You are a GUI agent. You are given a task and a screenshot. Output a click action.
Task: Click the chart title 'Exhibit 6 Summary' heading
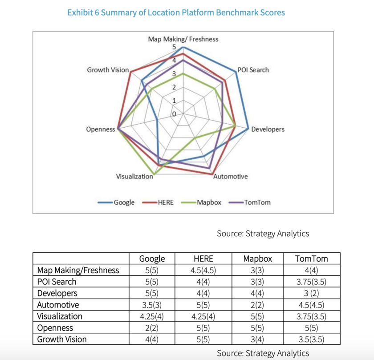tap(176, 12)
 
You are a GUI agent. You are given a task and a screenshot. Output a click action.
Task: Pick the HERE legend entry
tap(165, 202)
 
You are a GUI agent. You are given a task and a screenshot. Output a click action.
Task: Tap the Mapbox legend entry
tap(209, 202)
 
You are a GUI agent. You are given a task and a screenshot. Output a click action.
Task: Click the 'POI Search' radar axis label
tap(253, 70)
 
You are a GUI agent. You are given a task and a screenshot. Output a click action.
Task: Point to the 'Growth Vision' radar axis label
tap(108, 70)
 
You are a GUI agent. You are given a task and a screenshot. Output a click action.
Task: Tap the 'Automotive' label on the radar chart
tap(230, 176)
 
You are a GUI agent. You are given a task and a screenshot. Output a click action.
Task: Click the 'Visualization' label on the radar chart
tap(134, 176)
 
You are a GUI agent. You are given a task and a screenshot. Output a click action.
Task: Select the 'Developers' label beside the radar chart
tap(268, 129)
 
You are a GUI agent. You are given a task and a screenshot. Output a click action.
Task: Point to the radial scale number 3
tap(174, 74)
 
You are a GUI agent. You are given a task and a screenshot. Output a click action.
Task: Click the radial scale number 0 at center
tap(174, 114)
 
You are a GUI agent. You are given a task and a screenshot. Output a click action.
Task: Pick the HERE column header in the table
tap(203, 259)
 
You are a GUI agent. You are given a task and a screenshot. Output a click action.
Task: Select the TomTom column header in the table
tap(311, 259)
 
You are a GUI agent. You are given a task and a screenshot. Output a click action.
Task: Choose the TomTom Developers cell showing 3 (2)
tap(311, 293)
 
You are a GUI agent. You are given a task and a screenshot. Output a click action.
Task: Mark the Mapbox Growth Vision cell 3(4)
tap(258, 340)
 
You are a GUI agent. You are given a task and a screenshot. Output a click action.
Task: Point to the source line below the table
tap(263, 353)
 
